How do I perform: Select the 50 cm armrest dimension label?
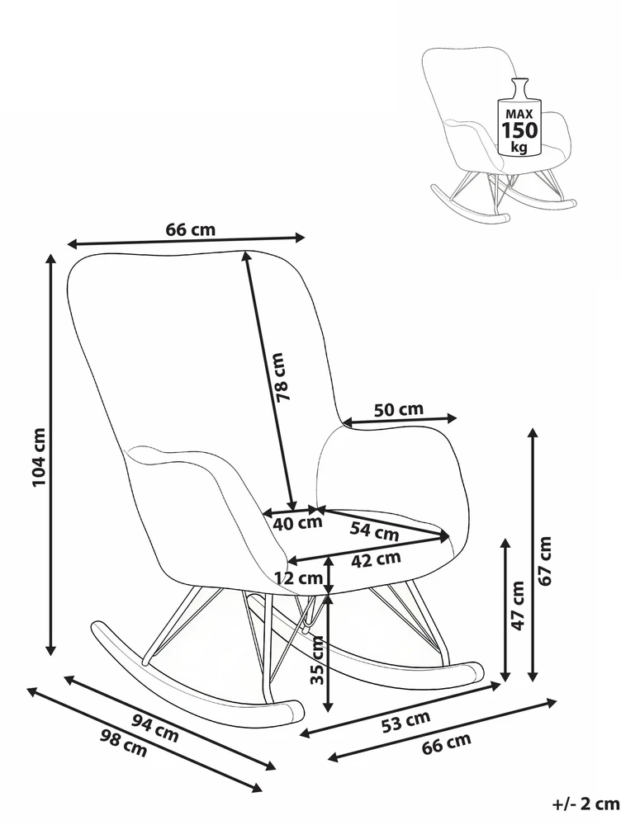tap(399, 409)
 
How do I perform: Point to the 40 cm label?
tap(297, 524)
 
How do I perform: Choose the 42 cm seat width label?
tap(376, 559)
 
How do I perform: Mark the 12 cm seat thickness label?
tap(298, 578)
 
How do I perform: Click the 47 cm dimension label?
tap(519, 606)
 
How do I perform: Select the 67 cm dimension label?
tap(545, 560)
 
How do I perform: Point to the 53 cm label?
tap(405, 721)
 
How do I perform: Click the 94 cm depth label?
tap(155, 728)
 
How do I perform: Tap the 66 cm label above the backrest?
tap(191, 229)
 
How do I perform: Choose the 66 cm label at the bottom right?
tap(446, 743)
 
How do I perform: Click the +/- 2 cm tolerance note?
tap(585, 804)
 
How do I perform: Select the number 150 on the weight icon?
tap(519, 130)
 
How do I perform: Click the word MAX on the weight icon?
tap(519, 113)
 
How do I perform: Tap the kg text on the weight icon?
tap(519, 147)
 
